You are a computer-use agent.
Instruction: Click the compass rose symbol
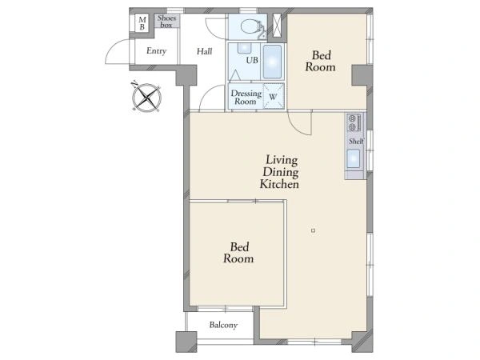coord(146,98)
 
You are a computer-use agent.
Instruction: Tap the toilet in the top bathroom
coord(252,27)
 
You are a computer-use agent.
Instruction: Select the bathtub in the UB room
coord(272,62)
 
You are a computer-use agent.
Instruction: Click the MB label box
coord(142,23)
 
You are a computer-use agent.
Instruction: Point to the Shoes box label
coord(167,21)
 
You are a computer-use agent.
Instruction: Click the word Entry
coord(156,51)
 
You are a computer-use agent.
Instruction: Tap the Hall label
coord(204,51)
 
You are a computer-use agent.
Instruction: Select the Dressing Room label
coord(246,97)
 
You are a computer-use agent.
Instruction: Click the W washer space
coord(274,96)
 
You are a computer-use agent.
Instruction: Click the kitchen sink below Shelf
coord(354,158)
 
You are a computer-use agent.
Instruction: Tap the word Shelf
coord(356,141)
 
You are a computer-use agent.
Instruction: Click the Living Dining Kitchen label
coord(279,172)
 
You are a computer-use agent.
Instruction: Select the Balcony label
coord(223,325)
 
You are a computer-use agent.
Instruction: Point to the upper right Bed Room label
coord(321,61)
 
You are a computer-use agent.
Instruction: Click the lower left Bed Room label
coord(238,253)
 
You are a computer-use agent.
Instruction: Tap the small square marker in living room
coord(313,230)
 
